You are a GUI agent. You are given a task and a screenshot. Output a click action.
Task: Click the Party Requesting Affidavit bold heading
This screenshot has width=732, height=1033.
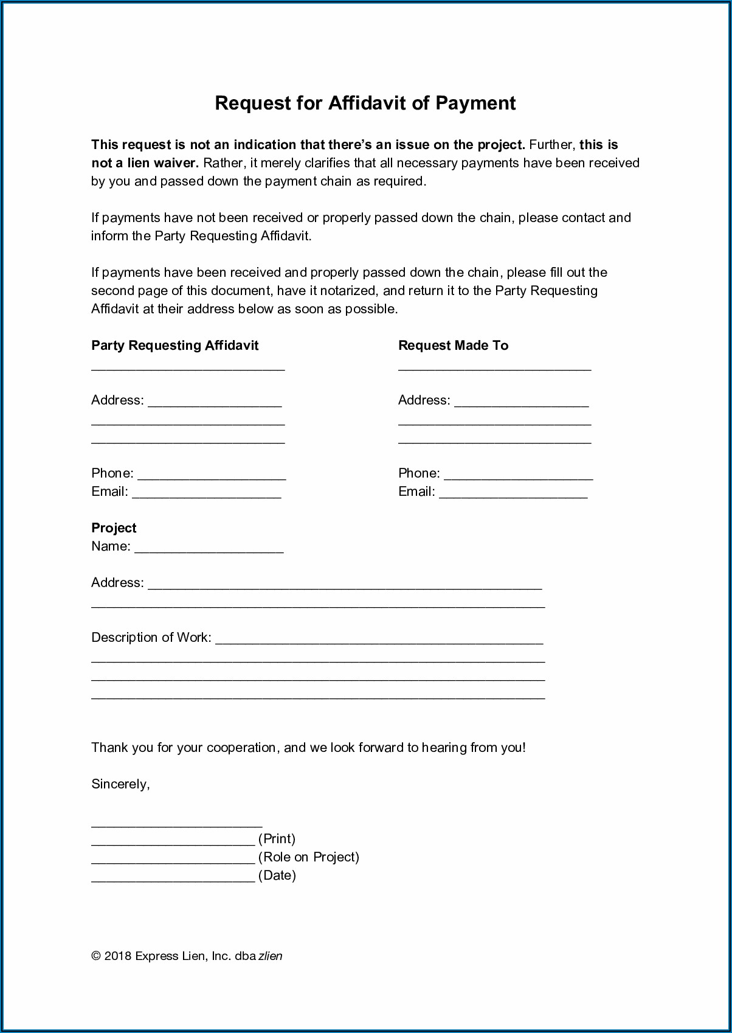[x=174, y=346]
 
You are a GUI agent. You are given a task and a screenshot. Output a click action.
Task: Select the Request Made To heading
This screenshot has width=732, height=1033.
[x=453, y=346]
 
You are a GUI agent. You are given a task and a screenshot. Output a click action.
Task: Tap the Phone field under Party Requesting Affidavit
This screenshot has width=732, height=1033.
[x=212, y=475]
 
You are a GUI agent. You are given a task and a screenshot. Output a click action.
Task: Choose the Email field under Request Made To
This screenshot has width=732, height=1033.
[x=513, y=493]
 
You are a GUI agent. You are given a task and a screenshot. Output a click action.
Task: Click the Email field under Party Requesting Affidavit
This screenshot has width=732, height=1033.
[x=206, y=493]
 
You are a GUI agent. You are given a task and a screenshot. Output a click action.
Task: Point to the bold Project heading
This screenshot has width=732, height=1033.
[x=114, y=528]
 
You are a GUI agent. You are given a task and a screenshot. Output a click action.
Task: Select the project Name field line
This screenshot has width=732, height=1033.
[x=209, y=548]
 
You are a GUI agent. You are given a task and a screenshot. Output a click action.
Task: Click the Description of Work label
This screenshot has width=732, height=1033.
[x=151, y=638]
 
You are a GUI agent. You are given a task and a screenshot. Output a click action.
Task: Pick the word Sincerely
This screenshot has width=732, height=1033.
[x=120, y=784]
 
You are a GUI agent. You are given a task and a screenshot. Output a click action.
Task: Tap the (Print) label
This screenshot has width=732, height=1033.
[x=277, y=839]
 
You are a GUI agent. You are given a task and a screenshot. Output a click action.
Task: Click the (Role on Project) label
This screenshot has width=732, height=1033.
[x=309, y=857]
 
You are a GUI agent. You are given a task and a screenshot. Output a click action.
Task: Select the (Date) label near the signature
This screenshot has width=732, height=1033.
[x=277, y=875]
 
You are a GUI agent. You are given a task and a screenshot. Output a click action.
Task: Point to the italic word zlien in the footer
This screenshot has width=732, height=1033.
[x=271, y=956]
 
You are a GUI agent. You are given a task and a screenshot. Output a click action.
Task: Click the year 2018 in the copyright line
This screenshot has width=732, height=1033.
[x=118, y=956]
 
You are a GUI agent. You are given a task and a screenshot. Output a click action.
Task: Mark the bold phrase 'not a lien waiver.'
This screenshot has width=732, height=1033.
[x=145, y=163]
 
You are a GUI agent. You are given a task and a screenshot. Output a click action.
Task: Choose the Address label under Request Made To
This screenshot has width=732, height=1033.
[x=424, y=400]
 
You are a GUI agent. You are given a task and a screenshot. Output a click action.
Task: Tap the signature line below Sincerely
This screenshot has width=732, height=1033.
[x=176, y=822]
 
